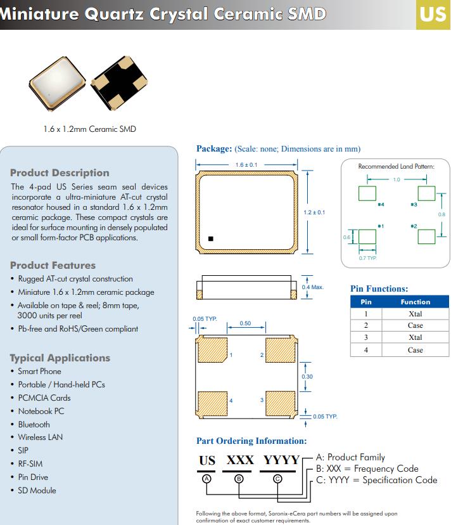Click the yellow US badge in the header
(433, 14)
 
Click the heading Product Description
(60, 172)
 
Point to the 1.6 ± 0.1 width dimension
(246, 165)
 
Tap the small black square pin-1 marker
(212, 239)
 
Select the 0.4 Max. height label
(312, 287)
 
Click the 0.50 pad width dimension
(245, 323)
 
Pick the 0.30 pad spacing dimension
(307, 377)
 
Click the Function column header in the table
(415, 302)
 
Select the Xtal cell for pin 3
(415, 337)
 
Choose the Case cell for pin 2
(415, 325)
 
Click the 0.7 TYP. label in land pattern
(367, 258)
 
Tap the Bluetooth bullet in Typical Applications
(34, 424)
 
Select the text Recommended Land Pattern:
(396, 166)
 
